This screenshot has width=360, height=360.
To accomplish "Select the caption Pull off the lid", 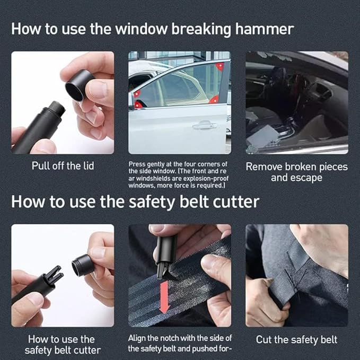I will click(63, 166).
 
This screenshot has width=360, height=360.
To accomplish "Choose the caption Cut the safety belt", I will click(296, 339).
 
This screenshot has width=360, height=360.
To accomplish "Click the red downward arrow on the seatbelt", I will click(164, 299).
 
